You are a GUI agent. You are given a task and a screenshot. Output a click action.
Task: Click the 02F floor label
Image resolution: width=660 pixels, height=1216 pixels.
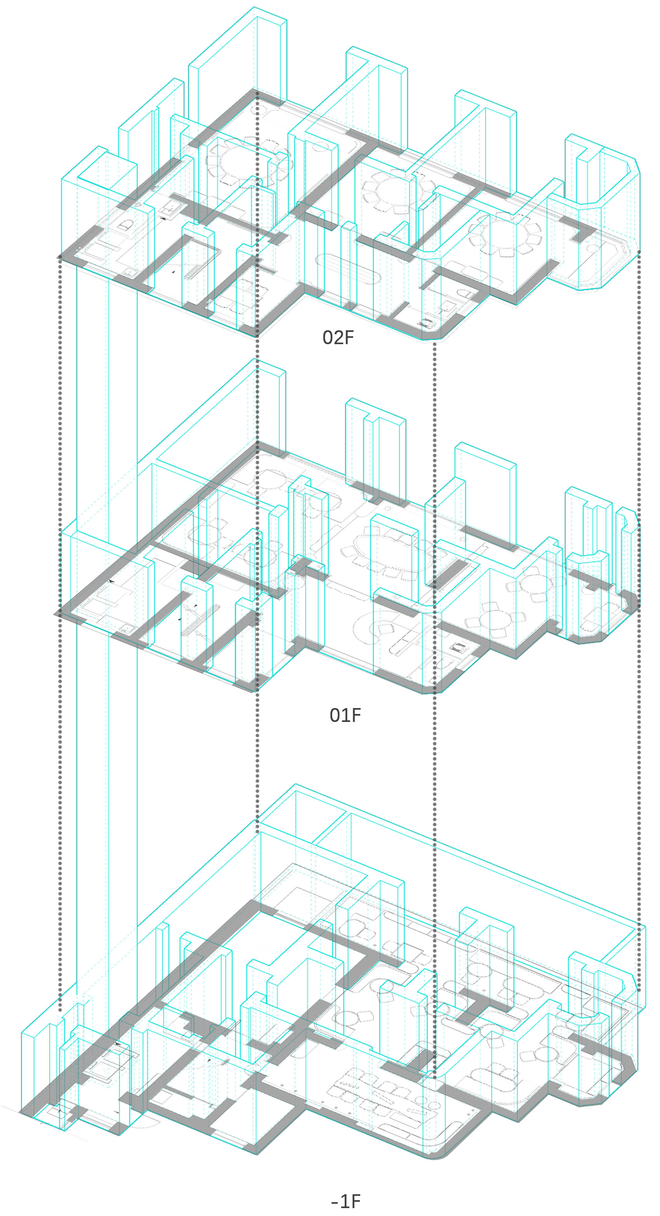pos(338,337)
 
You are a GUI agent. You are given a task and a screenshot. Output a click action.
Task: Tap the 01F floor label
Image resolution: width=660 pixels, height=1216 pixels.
pos(345,715)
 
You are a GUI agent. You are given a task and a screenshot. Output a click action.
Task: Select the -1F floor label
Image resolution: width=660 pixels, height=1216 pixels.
pos(346,1201)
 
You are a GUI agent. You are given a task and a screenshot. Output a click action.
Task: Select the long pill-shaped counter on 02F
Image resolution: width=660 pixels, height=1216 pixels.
pos(347,269)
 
